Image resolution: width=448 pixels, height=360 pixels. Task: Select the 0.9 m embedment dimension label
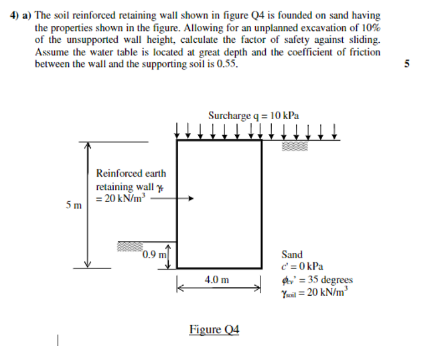153,254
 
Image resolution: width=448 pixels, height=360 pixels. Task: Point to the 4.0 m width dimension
218,279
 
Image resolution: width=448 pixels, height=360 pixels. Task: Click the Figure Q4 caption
214,329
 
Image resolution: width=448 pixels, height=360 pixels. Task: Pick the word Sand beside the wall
292,255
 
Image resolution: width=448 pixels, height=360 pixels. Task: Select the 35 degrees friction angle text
328,280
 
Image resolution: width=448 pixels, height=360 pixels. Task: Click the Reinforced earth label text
131,173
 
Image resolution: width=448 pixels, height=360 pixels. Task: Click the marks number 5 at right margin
408,64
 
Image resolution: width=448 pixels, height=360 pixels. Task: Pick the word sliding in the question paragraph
362,39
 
